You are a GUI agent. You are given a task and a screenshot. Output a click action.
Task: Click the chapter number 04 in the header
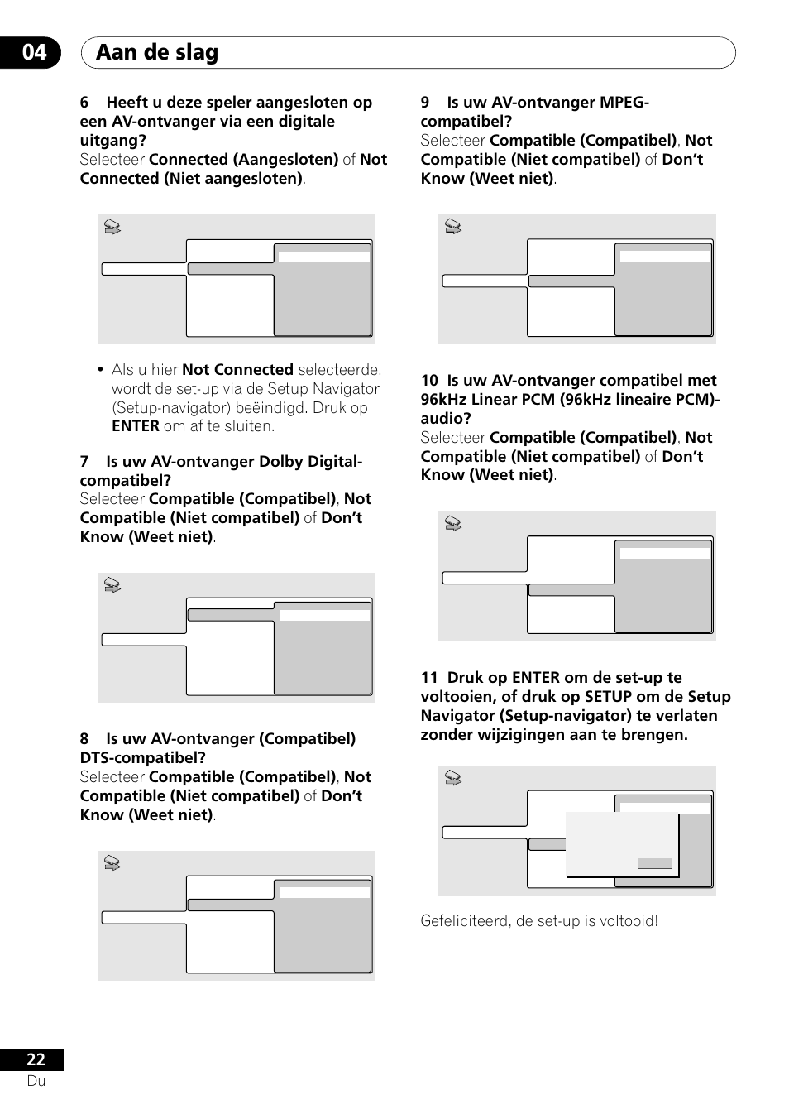(34, 52)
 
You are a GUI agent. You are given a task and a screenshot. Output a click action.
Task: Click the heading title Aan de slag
(157, 52)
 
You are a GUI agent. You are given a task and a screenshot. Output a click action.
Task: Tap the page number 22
(36, 1060)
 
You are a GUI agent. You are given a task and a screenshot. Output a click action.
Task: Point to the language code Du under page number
(36, 1081)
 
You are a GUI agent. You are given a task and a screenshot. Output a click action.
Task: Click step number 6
(84, 103)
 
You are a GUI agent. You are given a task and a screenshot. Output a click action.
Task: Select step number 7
(84, 462)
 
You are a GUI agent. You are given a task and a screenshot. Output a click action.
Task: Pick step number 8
(84, 739)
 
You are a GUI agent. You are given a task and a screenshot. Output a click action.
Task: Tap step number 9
(425, 103)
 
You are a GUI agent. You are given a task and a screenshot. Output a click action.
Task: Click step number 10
(429, 381)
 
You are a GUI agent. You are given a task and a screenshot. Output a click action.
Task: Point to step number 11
(429, 678)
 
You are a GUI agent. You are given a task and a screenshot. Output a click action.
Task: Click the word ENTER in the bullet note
(136, 426)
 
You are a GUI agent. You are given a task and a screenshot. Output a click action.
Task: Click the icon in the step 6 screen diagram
(112, 227)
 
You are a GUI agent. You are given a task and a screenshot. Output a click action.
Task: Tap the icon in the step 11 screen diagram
(453, 778)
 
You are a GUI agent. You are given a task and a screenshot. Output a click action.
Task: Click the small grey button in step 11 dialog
(654, 863)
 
